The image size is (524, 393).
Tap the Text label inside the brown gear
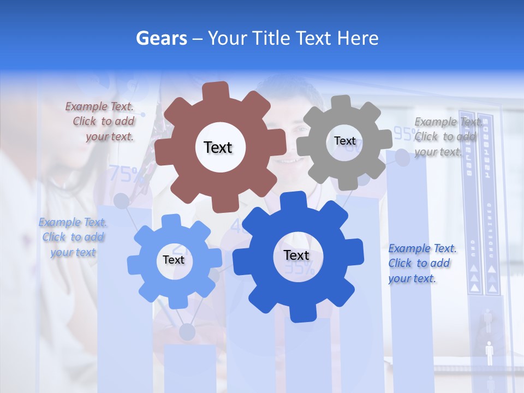tap(218, 147)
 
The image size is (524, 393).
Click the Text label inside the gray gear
tap(344, 141)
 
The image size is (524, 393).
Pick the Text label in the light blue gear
tap(173, 260)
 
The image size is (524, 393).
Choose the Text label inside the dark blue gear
tap(296, 255)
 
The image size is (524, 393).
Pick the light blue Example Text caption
tap(73, 237)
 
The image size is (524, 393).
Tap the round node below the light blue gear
tap(187, 331)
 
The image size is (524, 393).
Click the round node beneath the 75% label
tap(121, 201)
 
